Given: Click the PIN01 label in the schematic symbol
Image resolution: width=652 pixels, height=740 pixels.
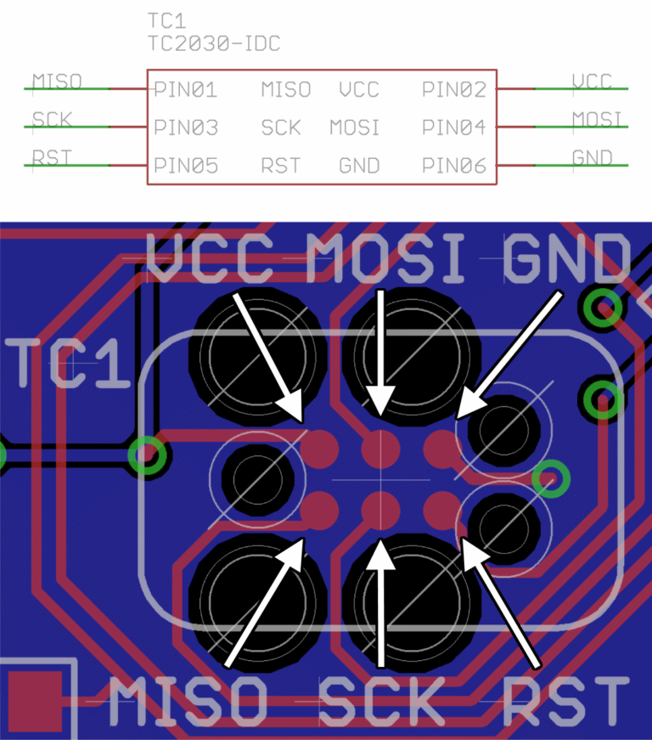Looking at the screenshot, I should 185,89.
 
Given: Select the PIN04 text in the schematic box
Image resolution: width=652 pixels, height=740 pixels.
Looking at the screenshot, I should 453,127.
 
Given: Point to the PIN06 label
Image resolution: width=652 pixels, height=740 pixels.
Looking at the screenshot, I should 453,166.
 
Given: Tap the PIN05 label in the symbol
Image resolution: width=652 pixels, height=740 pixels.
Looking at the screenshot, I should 185,166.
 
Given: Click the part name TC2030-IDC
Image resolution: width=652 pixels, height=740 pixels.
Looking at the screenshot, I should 214,43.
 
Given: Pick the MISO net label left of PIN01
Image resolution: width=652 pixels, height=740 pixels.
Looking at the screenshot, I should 57,82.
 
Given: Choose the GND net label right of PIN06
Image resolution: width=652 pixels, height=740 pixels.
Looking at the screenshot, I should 592,158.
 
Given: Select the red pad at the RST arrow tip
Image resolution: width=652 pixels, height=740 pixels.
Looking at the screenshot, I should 441,508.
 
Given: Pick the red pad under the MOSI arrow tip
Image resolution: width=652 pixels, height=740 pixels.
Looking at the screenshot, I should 380,446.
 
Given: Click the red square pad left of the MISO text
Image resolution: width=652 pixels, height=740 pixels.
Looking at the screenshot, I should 35,701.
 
